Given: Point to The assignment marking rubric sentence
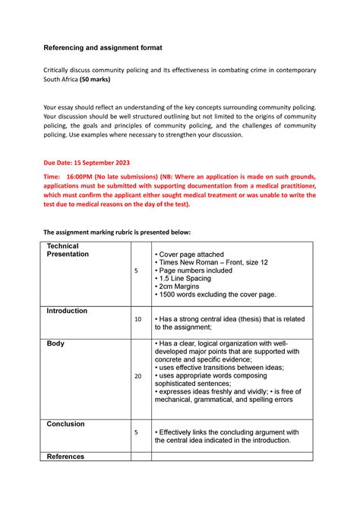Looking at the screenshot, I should tap(117, 231).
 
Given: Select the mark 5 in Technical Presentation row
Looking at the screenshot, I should tap(136, 270).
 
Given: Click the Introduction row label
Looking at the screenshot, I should tap(67, 311).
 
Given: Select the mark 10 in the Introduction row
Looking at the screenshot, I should tap(137, 320).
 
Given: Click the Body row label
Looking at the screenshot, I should tap(55, 343).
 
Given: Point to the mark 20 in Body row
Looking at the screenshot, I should tap(137, 376).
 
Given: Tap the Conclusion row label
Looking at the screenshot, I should tap(65, 424).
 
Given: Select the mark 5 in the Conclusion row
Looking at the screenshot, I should tap(136, 432).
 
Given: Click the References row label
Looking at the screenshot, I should tap(67, 457).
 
